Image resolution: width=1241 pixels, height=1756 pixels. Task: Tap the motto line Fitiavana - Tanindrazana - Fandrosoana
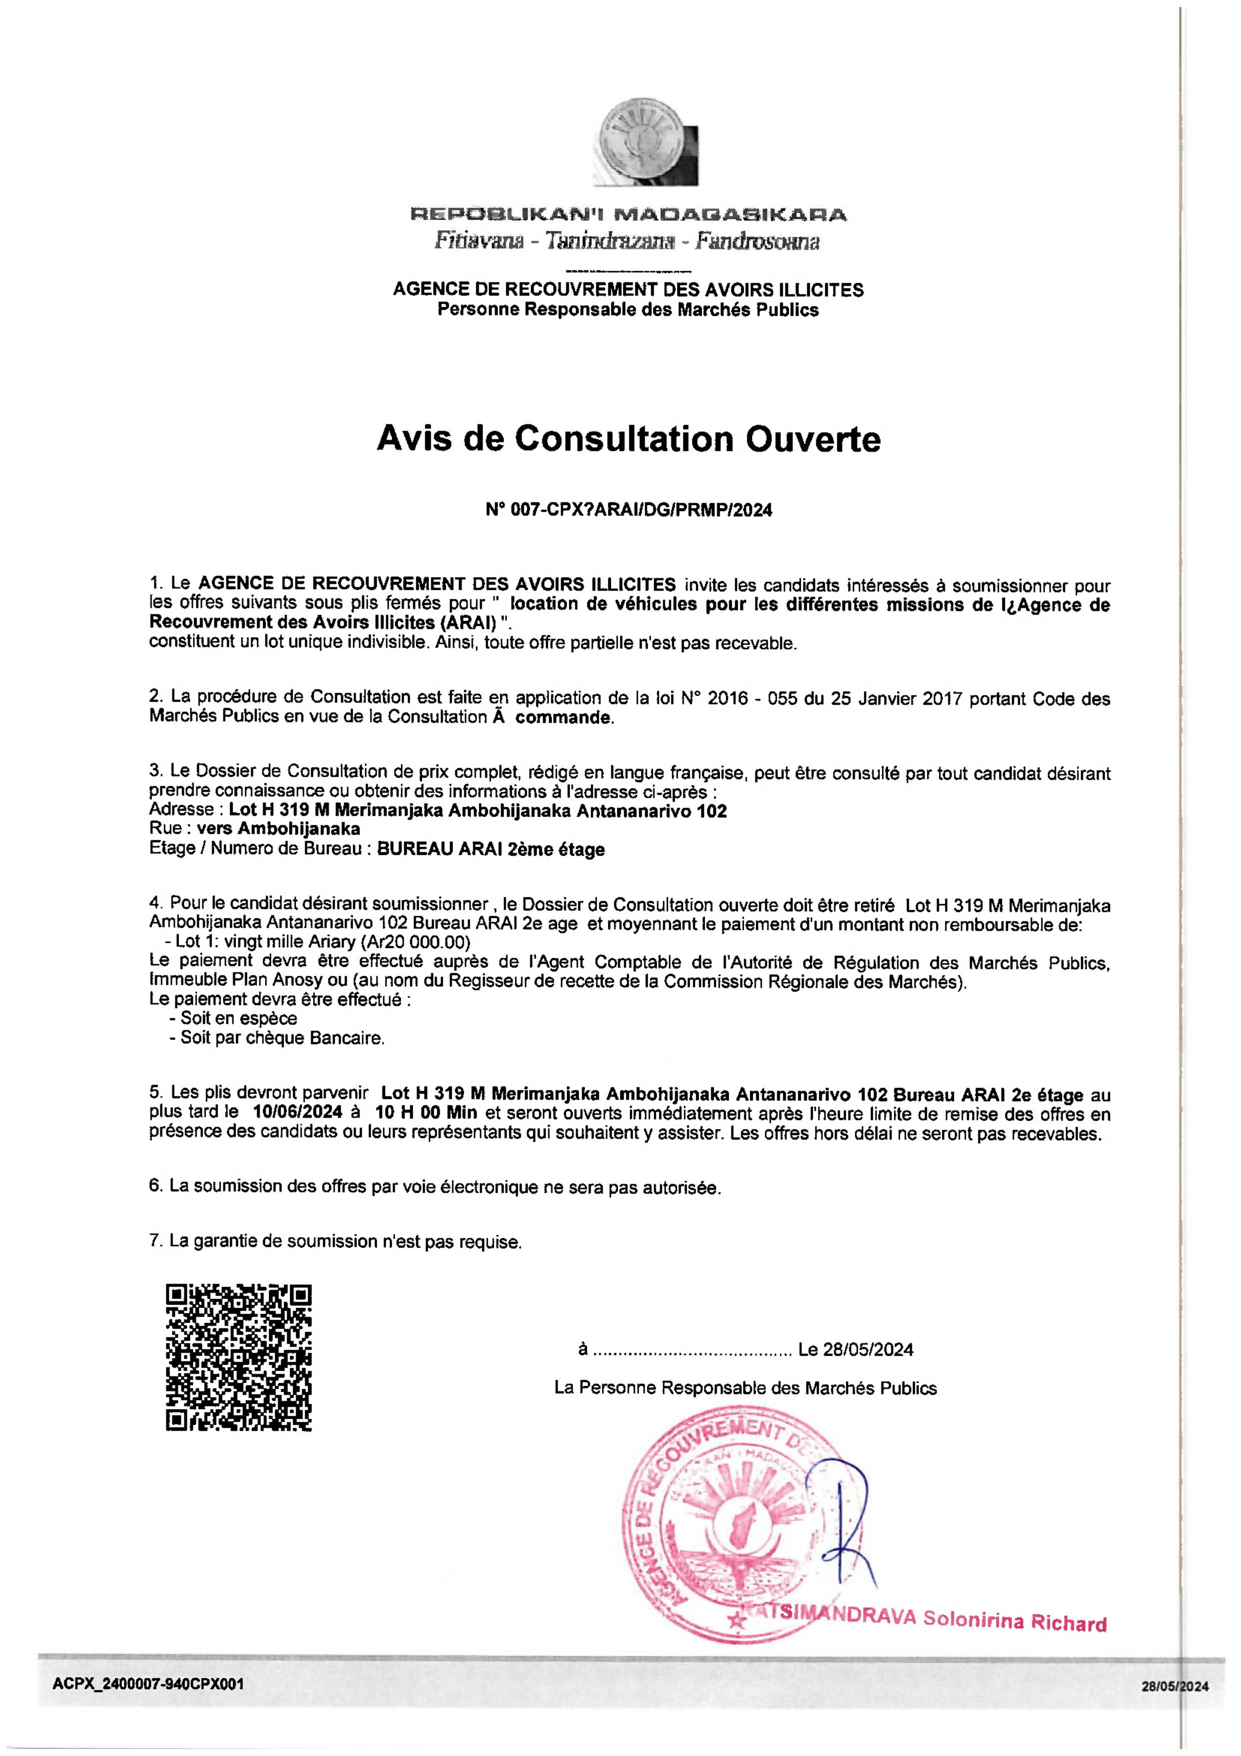pyautogui.click(x=627, y=242)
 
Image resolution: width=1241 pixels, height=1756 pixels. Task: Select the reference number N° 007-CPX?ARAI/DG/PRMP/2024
pyautogui.click(x=629, y=510)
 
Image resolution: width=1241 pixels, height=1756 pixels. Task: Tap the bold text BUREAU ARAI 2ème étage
pyautogui.click(x=491, y=849)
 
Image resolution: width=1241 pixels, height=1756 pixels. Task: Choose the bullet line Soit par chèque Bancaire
pyautogui.click(x=282, y=1038)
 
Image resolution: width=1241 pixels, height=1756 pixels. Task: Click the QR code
pyautogui.click(x=239, y=1358)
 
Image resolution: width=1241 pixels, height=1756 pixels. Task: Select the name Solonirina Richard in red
pyautogui.click(x=1015, y=1621)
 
